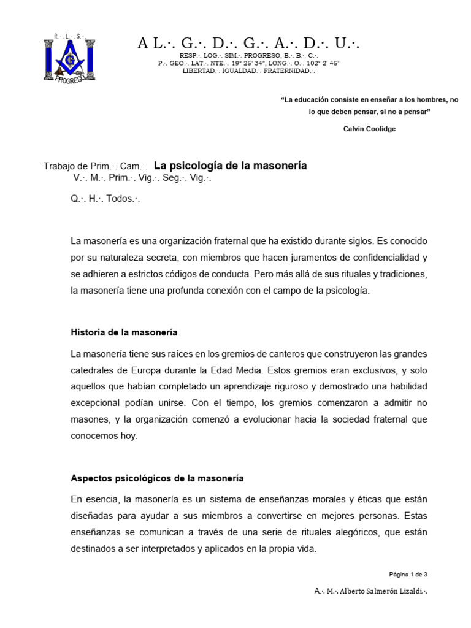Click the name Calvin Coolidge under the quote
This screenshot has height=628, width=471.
tap(369, 129)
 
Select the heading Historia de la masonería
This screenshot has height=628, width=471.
tap(124, 332)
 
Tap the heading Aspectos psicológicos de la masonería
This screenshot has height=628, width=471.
tap(157, 478)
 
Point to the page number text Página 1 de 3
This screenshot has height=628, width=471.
tap(408, 575)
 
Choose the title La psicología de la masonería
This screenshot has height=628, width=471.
tap(230, 166)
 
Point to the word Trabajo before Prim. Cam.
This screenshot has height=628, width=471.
tap(60, 167)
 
